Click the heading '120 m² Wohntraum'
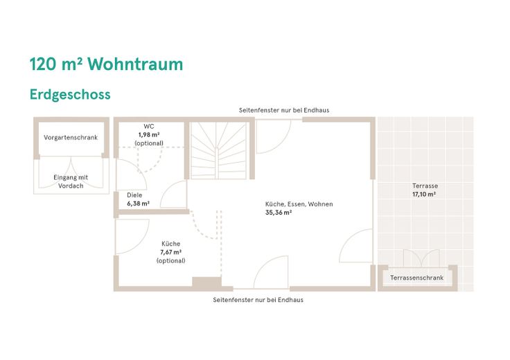coord(106,64)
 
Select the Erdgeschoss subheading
coord(70,95)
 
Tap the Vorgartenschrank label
coord(71,138)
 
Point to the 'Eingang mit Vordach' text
coord(71,181)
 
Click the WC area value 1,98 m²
coord(149,134)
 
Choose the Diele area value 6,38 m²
coord(138,204)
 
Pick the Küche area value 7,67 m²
coord(170,252)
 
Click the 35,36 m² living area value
coord(279,213)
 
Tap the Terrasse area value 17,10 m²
coord(424,195)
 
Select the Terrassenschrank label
coord(416,278)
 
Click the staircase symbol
coord(218,150)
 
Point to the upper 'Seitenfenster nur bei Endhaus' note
coord(284,110)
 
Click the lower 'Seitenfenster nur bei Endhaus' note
coord(258,300)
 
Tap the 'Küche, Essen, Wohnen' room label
coord(299,204)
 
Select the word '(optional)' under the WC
coord(149,143)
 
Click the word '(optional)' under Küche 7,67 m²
coord(170,260)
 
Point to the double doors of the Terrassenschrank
coord(421,258)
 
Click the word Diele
coord(134,195)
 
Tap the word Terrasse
coord(425,186)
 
